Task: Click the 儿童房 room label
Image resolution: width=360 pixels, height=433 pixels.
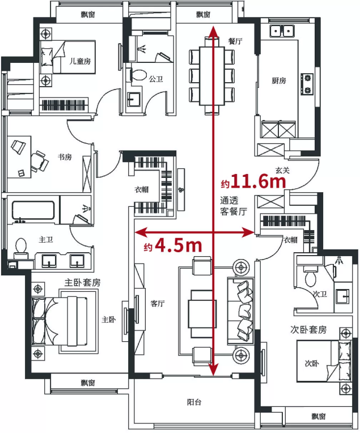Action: pyautogui.click(x=80, y=61)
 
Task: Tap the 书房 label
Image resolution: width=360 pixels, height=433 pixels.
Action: pyautogui.click(x=65, y=157)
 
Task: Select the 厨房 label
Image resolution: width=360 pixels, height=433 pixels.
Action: pyautogui.click(x=279, y=80)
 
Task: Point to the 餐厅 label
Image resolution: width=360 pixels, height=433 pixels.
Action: pyautogui.click(x=235, y=41)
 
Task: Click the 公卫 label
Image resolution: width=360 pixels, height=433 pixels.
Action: pyautogui.click(x=156, y=79)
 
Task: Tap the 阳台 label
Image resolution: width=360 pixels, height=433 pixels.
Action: pyautogui.click(x=194, y=402)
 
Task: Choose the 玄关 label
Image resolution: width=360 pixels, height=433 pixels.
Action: pyautogui.click(x=282, y=170)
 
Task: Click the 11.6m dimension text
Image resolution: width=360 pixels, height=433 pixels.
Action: pyautogui.click(x=259, y=182)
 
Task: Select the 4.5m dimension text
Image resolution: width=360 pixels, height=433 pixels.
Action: pyautogui.click(x=179, y=245)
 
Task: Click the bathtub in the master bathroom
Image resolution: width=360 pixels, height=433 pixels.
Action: pyautogui.click(x=33, y=210)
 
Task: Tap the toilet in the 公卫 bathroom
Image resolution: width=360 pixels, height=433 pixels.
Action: pyautogui.click(x=138, y=75)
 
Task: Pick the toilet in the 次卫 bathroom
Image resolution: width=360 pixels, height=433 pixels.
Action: pyautogui.click(x=311, y=277)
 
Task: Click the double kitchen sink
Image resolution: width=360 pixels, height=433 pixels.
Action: pyautogui.click(x=282, y=31)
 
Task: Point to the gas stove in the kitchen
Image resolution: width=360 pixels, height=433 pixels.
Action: pyautogui.click(x=307, y=84)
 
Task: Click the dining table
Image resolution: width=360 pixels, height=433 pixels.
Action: pyautogui.click(x=212, y=76)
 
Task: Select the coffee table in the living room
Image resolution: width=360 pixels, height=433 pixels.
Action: pyautogui.click(x=202, y=314)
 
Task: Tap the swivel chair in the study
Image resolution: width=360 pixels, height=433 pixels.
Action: pyautogui.click(x=39, y=162)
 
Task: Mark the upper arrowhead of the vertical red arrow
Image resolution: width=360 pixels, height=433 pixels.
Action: pyautogui.click(x=213, y=32)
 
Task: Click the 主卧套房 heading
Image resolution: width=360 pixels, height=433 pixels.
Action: pyautogui.click(x=82, y=282)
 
